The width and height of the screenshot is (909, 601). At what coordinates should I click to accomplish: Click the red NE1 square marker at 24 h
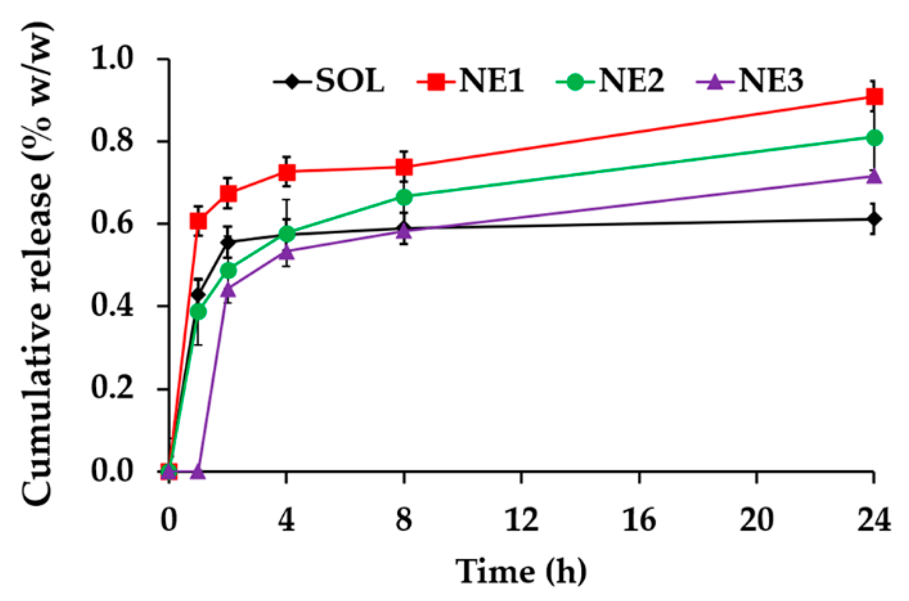pyautogui.click(x=875, y=97)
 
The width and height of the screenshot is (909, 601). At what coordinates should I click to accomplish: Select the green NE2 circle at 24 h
pyautogui.click(x=875, y=138)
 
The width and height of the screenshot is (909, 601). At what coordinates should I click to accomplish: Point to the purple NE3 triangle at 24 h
pyautogui.click(x=875, y=176)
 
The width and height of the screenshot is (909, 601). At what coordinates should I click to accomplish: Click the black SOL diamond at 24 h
pyautogui.click(x=875, y=219)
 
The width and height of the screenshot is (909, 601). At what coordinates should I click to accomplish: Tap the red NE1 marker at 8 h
pyautogui.click(x=404, y=167)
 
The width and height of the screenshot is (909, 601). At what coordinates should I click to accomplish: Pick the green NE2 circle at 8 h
pyautogui.click(x=404, y=197)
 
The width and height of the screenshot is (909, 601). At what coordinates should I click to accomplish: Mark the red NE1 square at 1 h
pyautogui.click(x=198, y=221)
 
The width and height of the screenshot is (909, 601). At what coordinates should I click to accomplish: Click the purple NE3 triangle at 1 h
pyautogui.click(x=198, y=471)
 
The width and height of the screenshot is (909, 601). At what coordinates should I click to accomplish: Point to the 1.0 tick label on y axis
pyautogui.click(x=111, y=59)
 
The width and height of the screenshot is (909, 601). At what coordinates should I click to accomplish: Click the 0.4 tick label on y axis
pyautogui.click(x=111, y=306)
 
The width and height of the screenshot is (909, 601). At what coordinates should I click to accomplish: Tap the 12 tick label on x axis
pyautogui.click(x=521, y=520)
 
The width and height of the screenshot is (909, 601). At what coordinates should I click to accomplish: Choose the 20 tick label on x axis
pyautogui.click(x=756, y=520)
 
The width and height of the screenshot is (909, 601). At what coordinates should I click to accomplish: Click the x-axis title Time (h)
pyautogui.click(x=521, y=571)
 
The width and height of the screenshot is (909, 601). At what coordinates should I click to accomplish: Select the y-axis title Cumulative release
pyautogui.click(x=38, y=264)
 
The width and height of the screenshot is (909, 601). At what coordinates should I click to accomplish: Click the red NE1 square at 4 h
pyautogui.click(x=286, y=172)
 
